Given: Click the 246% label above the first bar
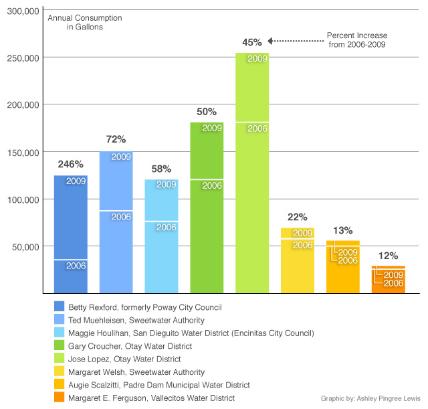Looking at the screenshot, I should pos(70,164).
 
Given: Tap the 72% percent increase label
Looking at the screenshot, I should pos(116,139).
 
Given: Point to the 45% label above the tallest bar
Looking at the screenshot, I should pos(252,42).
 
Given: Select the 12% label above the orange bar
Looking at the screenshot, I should pos(388,255).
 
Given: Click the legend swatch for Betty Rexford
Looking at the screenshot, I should pos(60,307).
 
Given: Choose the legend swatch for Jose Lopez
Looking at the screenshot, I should pos(60,359).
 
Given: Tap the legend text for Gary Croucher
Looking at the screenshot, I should pos(130,346).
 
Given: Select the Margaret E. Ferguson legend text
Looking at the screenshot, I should pos(152,398).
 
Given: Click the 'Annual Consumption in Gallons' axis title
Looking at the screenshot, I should pos(75,22).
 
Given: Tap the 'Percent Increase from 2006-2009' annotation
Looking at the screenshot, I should pos(357,39).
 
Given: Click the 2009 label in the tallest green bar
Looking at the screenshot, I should pos(257,59).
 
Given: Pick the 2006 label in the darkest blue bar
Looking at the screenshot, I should pos(76,266).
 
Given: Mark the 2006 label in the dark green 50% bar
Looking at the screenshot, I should pos(212,185).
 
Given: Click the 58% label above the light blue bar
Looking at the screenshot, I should pos(161,169).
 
